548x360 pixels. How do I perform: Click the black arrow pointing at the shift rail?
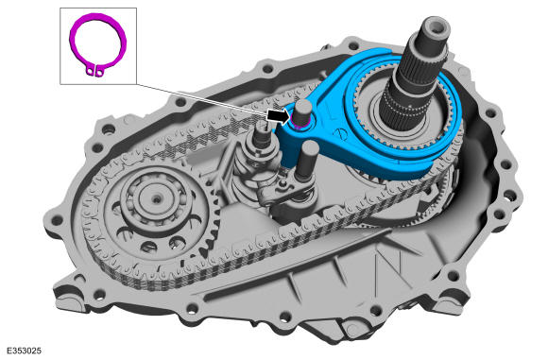[x=279, y=115]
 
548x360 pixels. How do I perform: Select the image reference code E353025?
[x=24, y=351]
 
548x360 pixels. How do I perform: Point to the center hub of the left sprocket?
[x=157, y=199]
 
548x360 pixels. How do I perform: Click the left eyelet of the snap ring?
[x=91, y=72]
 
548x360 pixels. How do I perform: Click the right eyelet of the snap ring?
[x=99, y=73]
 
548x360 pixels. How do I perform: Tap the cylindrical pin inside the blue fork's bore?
[x=302, y=111]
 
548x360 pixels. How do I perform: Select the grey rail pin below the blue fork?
[x=308, y=160]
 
